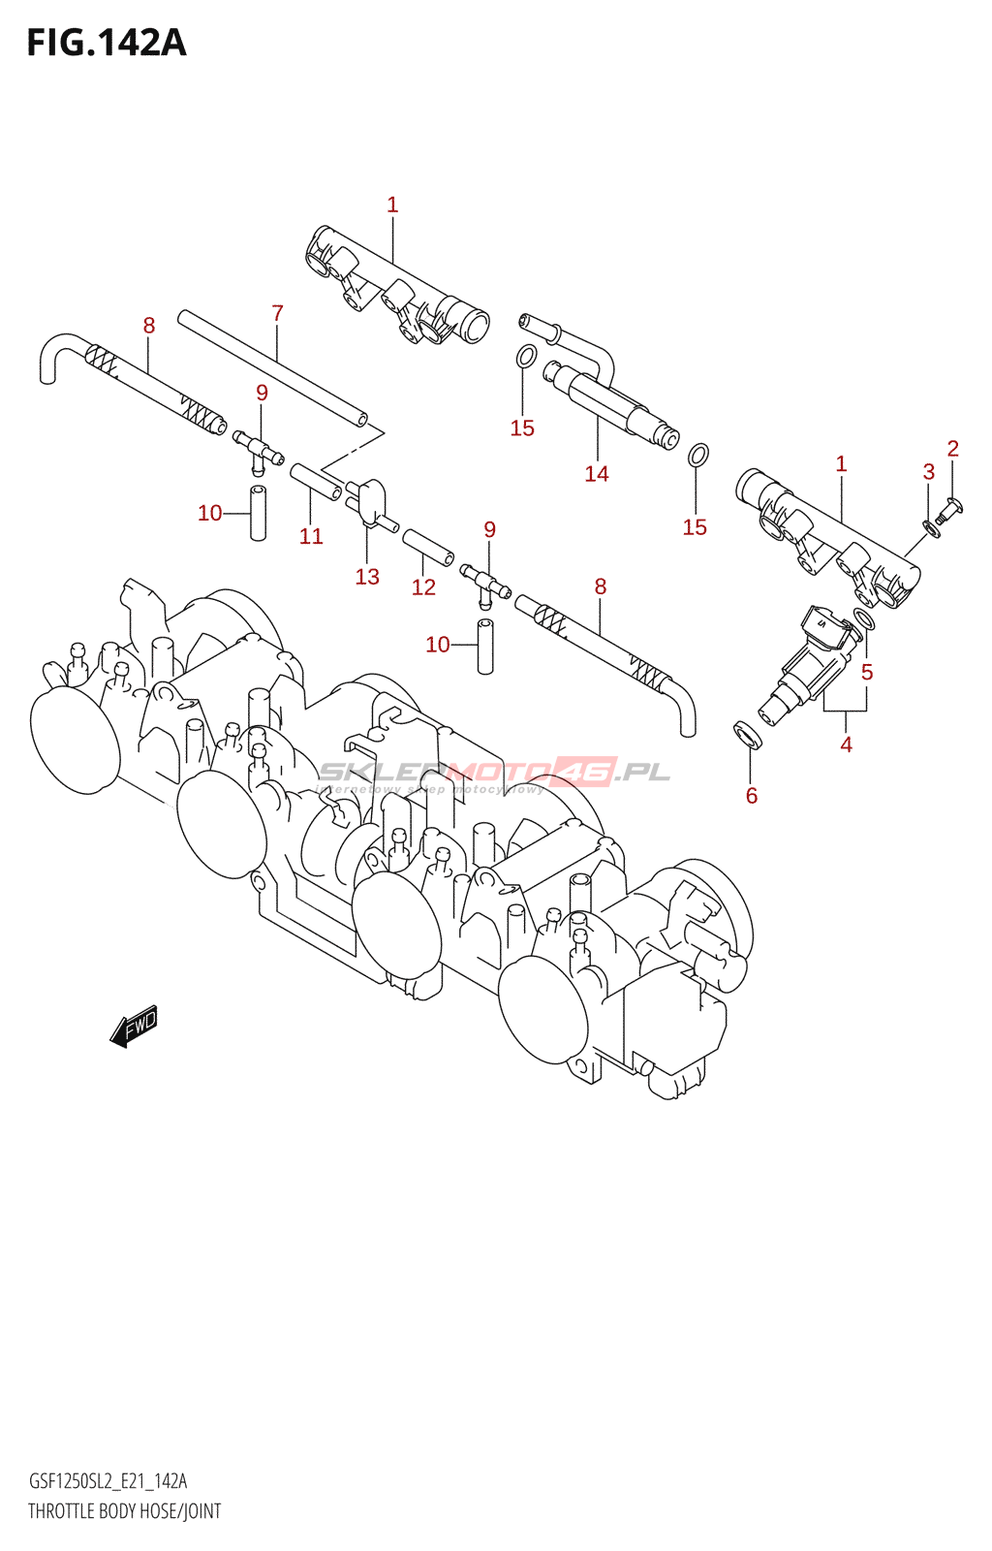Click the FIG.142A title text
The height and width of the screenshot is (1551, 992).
[x=107, y=43]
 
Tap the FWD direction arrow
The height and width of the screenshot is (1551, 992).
[x=134, y=1026]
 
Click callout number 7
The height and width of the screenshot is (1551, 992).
[x=277, y=313]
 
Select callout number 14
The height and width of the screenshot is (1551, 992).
[x=597, y=473]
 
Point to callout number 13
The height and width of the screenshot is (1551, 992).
[x=367, y=577]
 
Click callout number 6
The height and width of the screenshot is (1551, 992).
[x=752, y=796]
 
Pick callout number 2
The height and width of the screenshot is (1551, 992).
[x=953, y=448]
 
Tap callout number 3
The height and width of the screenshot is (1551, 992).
[x=928, y=472]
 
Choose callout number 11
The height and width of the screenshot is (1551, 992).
[x=311, y=536]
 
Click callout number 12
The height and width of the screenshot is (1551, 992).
[x=423, y=586]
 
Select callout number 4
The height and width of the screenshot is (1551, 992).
[x=847, y=744]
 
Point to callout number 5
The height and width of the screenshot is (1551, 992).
[x=867, y=672]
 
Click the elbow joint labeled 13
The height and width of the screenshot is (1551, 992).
[x=369, y=498]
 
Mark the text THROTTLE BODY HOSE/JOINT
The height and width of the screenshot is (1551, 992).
[x=124, y=1511]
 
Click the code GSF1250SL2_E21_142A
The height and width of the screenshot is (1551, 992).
[x=108, y=1480]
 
